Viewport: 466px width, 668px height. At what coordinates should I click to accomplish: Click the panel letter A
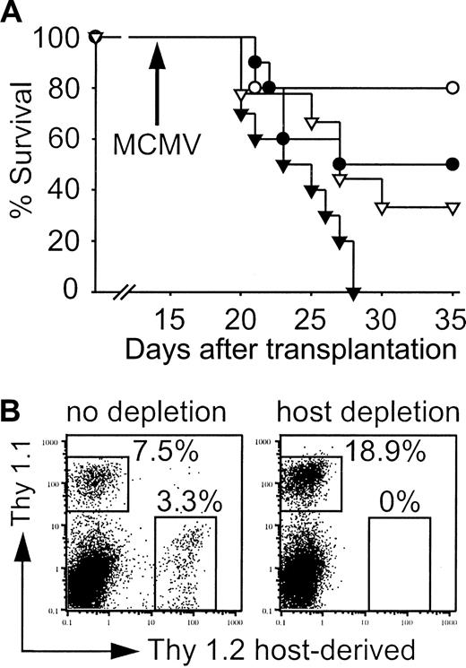pyautogui.click(x=15, y=13)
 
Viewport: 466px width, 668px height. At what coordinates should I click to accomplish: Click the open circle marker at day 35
pyautogui.click(x=453, y=88)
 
